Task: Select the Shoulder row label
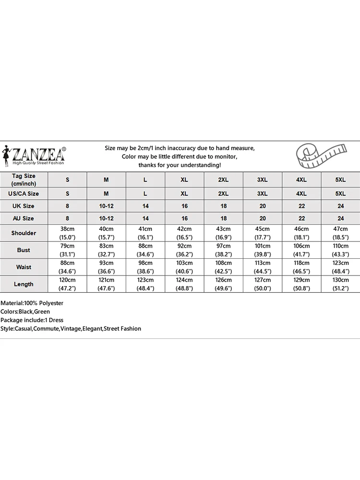pyautogui.click(x=24, y=233)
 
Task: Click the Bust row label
pyautogui.click(x=24, y=250)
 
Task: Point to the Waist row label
pyautogui.click(x=24, y=267)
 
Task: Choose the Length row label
pyautogui.click(x=24, y=284)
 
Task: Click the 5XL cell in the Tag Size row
pyautogui.click(x=340, y=180)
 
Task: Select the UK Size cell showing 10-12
pyautogui.click(x=106, y=206)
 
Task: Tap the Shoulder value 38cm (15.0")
pyautogui.click(x=67, y=233)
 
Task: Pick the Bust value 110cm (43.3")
pyautogui.click(x=340, y=250)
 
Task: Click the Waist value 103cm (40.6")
pyautogui.click(x=184, y=267)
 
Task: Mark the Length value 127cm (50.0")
pyautogui.click(x=262, y=284)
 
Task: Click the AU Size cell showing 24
pyautogui.click(x=340, y=218)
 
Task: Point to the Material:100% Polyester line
pyautogui.click(x=32, y=303)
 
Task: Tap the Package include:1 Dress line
pyautogui.click(x=32, y=320)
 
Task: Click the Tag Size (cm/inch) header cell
pyautogui.click(x=24, y=180)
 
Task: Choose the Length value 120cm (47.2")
pyautogui.click(x=67, y=284)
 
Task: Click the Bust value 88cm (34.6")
pyautogui.click(x=145, y=250)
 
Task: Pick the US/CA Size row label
pyautogui.click(x=24, y=193)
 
